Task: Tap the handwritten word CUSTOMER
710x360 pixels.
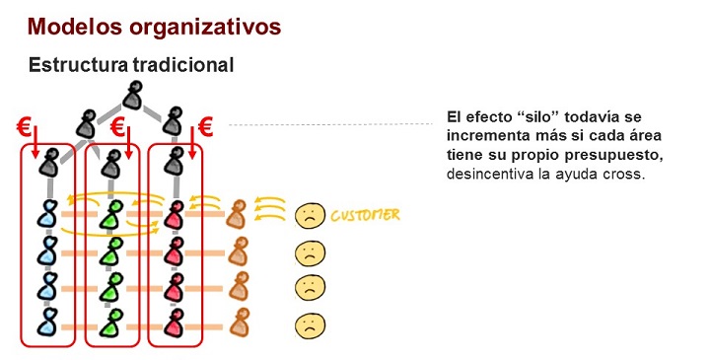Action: coord(366,214)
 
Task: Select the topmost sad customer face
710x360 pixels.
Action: coord(310,215)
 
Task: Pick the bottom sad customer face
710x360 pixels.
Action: coord(310,324)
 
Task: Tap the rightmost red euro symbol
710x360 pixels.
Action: coord(206,126)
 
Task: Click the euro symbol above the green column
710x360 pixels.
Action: coord(116,127)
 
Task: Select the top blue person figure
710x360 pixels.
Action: coord(46,214)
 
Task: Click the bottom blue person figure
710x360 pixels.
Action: coord(46,323)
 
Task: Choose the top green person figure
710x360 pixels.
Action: coord(115,214)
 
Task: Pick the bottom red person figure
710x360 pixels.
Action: coord(176,323)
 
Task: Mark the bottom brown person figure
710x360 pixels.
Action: coord(238,323)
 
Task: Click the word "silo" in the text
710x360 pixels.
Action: coord(539,116)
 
